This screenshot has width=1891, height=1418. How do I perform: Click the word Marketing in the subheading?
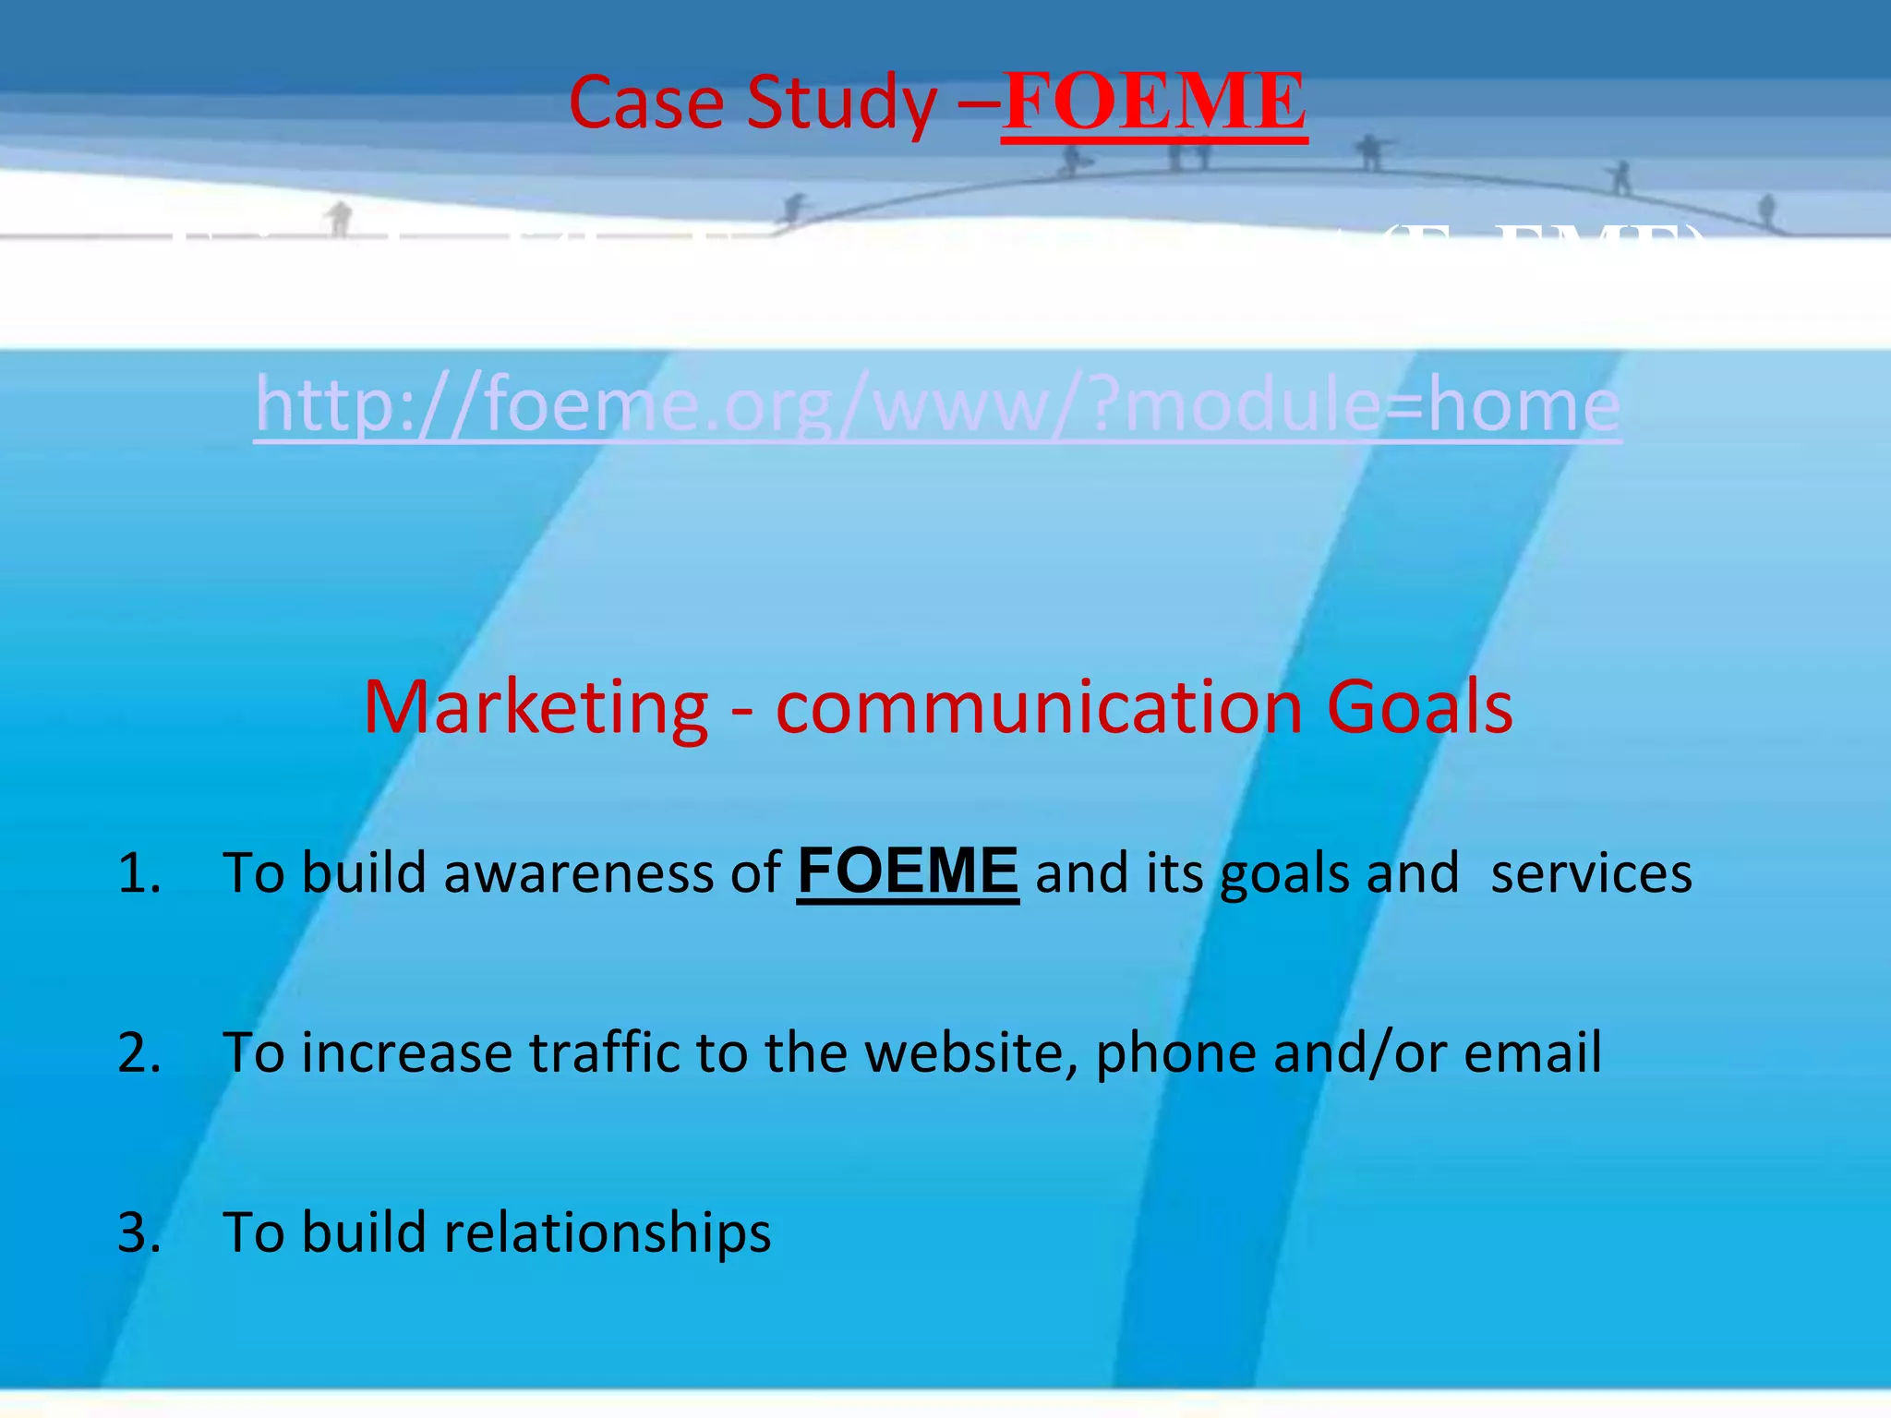(536, 707)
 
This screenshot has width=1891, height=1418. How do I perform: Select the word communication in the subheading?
(1039, 707)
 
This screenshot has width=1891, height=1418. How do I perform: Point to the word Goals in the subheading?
(1419, 707)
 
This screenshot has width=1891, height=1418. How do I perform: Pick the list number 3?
(139, 1232)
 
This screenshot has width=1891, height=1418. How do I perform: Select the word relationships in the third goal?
(608, 1233)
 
